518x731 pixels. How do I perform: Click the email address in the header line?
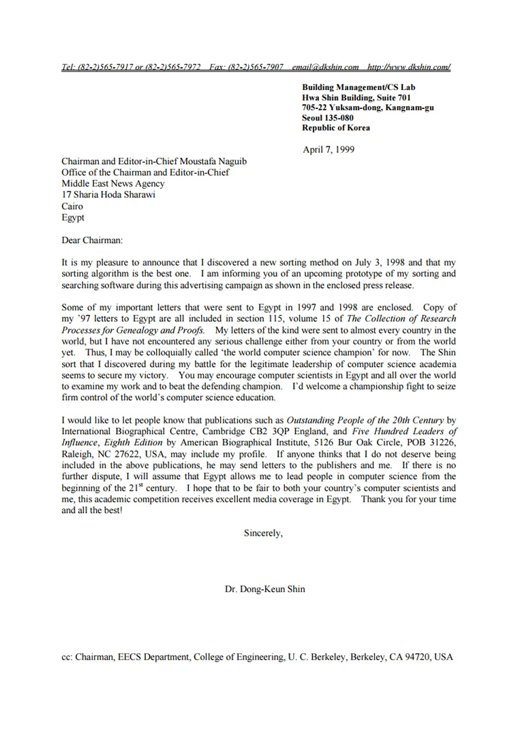coord(325,67)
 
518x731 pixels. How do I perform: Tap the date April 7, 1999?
coord(328,150)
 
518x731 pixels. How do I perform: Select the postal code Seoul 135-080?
coord(328,118)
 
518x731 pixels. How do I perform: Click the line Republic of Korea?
coord(336,127)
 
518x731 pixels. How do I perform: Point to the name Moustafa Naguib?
coord(213,161)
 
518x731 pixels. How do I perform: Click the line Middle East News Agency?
coord(112,184)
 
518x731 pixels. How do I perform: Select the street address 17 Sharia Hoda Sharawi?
coord(108,195)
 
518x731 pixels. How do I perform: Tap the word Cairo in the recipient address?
coord(72,206)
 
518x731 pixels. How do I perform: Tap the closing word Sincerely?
coord(262,534)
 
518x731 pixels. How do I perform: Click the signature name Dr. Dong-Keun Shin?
coord(265,589)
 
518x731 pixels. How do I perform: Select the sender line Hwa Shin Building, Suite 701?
coord(356,97)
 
